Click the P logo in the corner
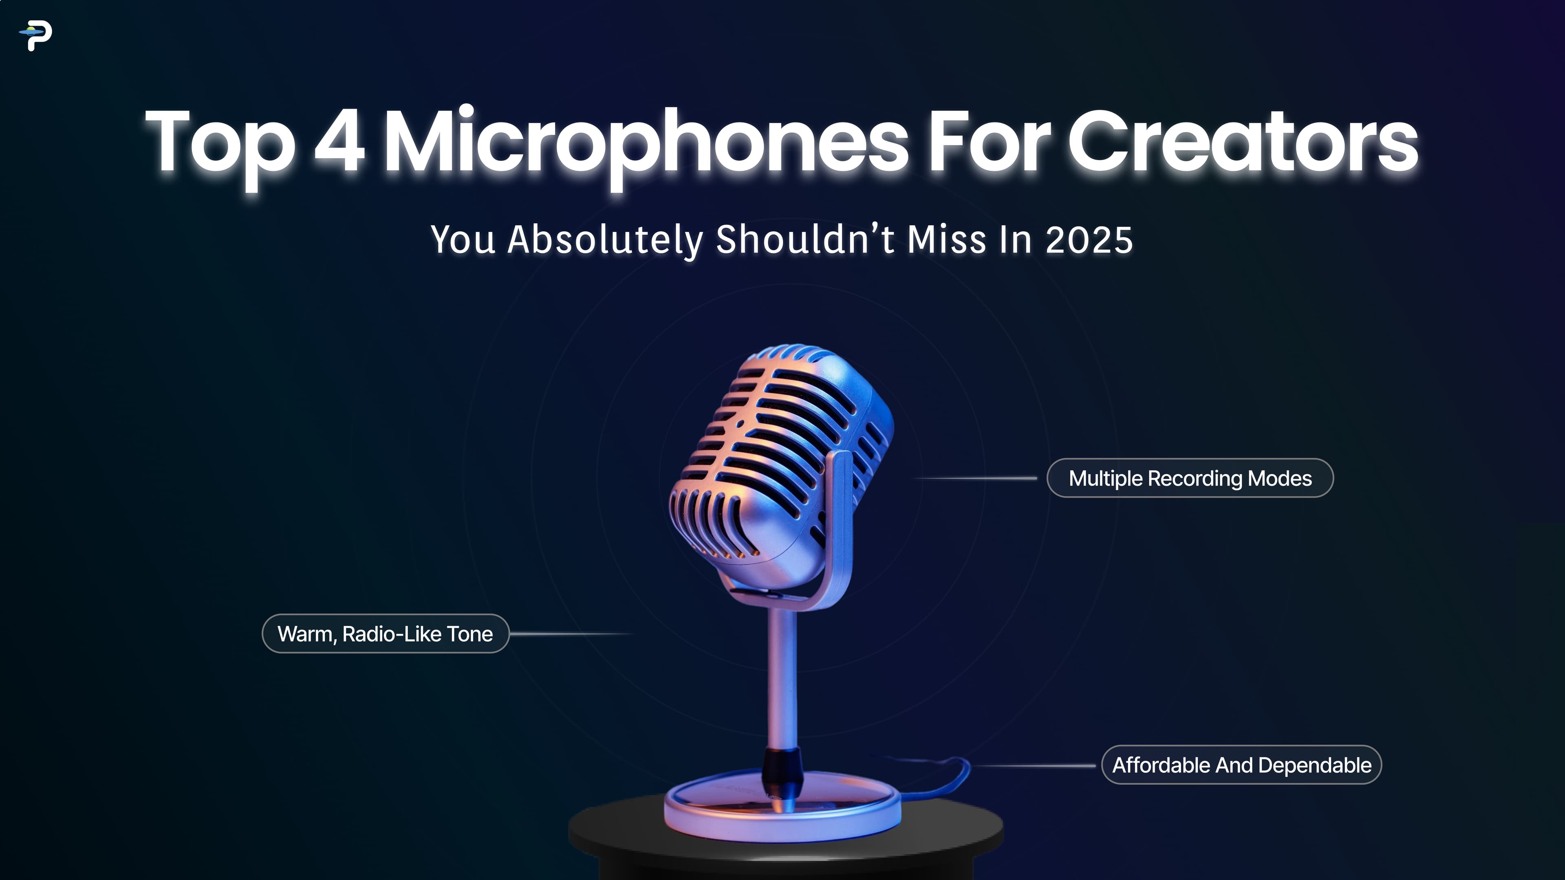pos(36,36)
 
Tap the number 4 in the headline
pos(339,141)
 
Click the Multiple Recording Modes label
pos(1190,478)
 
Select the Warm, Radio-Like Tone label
pos(385,634)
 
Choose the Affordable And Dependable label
pos(1241,765)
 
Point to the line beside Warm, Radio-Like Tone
pos(571,634)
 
